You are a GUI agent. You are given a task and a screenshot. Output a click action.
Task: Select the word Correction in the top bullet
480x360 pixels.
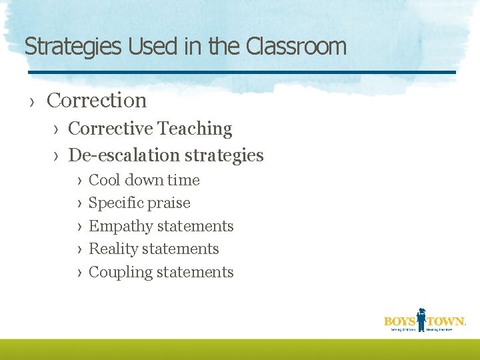(97, 100)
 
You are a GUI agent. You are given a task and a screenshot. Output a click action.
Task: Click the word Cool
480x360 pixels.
(103, 180)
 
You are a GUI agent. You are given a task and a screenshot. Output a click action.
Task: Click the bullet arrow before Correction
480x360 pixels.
(31, 101)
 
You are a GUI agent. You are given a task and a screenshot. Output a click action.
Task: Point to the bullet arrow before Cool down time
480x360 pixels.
(79, 181)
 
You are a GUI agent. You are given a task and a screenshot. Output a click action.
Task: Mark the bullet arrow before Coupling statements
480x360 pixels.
(79, 273)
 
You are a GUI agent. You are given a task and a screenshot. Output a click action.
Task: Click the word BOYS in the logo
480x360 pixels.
(399, 321)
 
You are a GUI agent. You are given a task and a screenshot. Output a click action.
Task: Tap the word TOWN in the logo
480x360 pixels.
(445, 321)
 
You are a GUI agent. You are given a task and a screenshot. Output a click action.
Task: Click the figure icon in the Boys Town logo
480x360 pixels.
(421, 319)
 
